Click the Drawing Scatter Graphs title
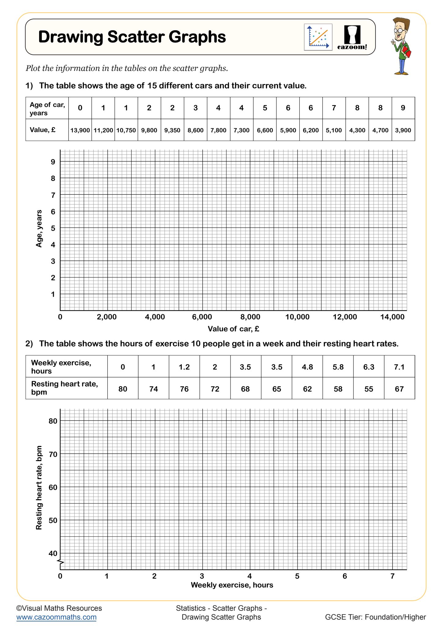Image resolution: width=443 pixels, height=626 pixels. [x=132, y=37]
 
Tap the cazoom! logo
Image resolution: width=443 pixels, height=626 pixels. [x=352, y=38]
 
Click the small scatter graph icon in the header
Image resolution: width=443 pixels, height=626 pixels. [x=318, y=37]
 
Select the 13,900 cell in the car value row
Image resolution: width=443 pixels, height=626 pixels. [x=80, y=130]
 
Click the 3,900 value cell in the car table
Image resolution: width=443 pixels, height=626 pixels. [x=403, y=130]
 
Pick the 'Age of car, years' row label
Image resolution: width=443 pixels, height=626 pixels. [x=47, y=109]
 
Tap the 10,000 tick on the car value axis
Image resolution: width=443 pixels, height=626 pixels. [x=297, y=317]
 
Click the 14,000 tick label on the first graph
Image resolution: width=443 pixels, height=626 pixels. [x=392, y=317]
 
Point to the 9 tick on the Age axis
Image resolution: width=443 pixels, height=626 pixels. [x=53, y=162]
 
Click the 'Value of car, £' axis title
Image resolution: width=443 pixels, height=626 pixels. [x=233, y=329]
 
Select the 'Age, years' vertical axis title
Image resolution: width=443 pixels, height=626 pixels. [x=39, y=228]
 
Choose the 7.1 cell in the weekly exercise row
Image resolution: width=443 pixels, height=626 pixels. [x=399, y=367]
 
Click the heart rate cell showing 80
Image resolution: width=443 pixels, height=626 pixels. [x=123, y=389]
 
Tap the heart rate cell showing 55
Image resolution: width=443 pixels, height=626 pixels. [x=368, y=389]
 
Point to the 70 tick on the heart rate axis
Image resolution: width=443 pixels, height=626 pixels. [x=53, y=454]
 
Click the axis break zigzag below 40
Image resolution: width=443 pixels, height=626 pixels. [x=61, y=562]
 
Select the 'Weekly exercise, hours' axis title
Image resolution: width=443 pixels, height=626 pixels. [x=232, y=585]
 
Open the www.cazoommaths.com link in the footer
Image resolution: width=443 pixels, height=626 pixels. [x=57, y=617]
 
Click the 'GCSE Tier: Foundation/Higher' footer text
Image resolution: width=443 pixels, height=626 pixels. [x=375, y=617]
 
